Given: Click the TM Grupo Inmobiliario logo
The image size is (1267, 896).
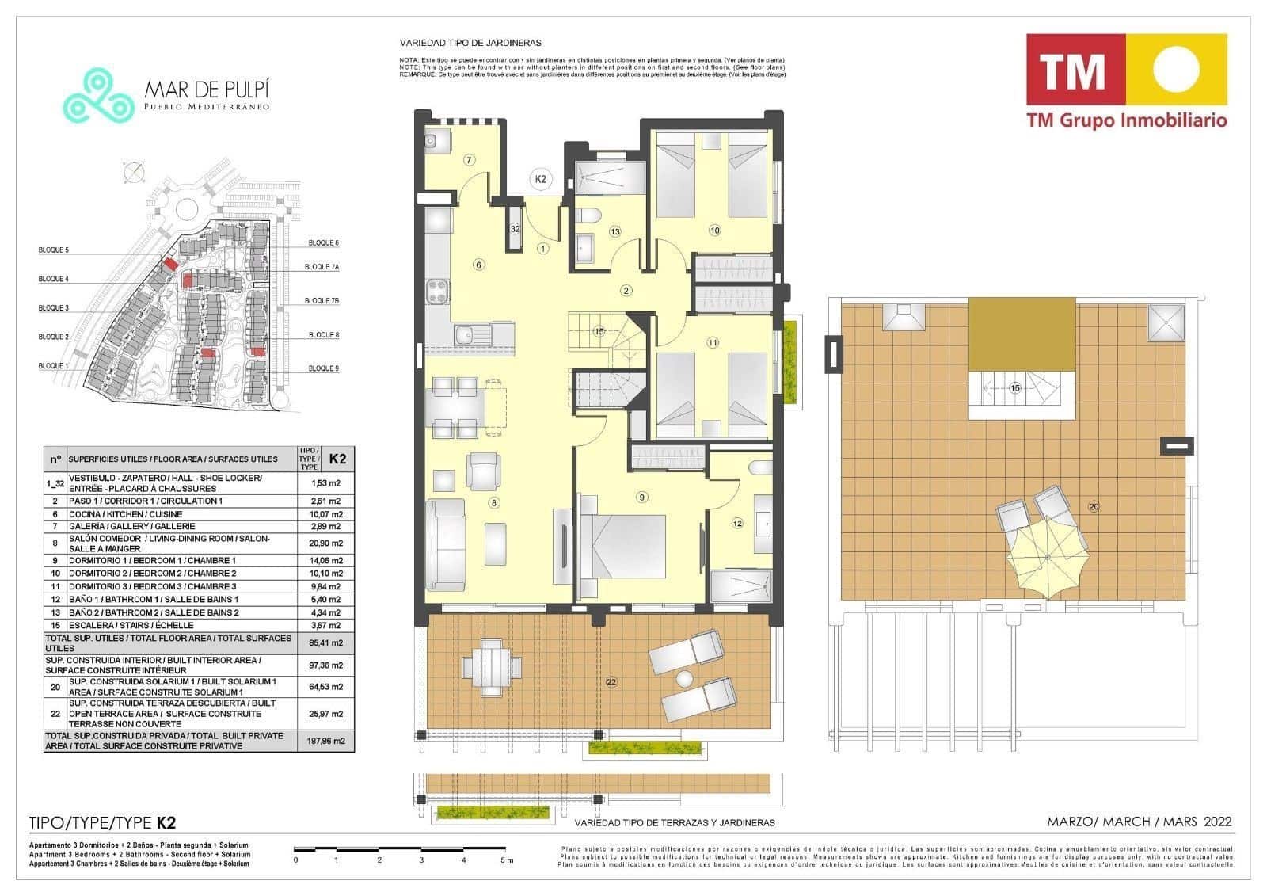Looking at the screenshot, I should [1126, 80].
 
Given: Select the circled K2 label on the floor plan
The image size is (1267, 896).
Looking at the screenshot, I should [541, 180].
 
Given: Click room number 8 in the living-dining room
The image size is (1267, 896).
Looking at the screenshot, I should [494, 502].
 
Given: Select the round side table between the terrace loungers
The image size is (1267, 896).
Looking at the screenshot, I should [684, 678].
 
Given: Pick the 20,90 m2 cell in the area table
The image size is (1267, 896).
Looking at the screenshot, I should [325, 543].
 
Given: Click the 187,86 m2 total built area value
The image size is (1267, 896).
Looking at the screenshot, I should [325, 742].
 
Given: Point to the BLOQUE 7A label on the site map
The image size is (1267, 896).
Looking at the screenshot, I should [322, 267].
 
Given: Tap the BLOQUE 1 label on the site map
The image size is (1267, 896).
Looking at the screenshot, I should [53, 366].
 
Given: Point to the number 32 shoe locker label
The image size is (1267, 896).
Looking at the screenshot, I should [515, 229].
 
